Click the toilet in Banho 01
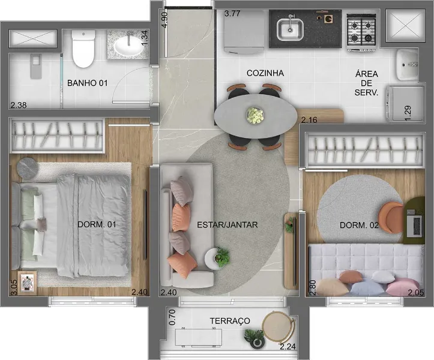(83, 49)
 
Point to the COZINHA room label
(265, 73)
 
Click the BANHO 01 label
(87, 83)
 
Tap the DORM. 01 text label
(97, 224)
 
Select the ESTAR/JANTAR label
(227, 225)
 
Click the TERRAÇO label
(230, 321)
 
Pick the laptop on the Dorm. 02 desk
(415, 223)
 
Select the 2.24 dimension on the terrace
(288, 346)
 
